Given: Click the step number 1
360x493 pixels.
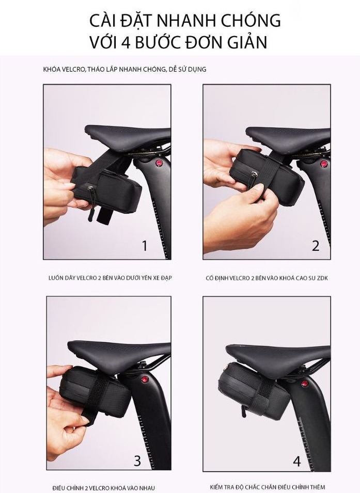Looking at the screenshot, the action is [145, 246].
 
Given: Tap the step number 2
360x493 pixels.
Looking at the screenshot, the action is [315, 246].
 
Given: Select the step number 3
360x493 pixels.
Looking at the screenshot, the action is [137, 460].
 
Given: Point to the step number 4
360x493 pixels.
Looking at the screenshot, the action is [297, 461].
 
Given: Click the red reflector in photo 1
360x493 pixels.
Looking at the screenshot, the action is [159, 164].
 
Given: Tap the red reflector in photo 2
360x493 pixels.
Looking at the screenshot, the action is [323, 164].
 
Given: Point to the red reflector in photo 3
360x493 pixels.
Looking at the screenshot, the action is [145, 379].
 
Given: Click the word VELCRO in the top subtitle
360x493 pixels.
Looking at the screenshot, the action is [74, 69].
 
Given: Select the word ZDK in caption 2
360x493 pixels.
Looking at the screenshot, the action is [322, 278].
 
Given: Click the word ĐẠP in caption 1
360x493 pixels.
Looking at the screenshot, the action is [166, 278].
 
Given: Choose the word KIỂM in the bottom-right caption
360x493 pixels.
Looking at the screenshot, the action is [217, 487].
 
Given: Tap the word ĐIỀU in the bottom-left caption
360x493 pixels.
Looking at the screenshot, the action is [60, 488].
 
